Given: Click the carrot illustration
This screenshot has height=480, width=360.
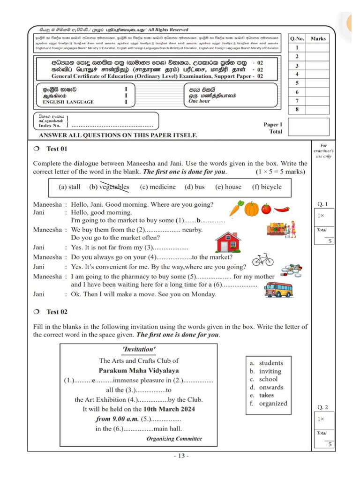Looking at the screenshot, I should (236, 209).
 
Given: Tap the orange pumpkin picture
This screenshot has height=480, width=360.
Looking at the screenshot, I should (251, 209).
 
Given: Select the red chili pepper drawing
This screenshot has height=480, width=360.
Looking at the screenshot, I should (281, 209).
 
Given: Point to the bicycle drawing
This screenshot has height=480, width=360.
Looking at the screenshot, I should (262, 259).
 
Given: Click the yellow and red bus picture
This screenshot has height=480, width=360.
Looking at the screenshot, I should (278, 289).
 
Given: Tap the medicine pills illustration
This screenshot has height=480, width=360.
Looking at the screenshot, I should (291, 270).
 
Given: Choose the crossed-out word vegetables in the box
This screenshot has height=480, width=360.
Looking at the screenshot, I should (109, 187).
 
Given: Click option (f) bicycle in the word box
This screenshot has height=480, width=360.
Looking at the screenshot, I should (267, 187).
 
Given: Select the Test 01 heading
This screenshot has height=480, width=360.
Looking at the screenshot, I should (57, 149).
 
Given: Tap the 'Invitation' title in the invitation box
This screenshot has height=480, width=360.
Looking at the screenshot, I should (138, 349).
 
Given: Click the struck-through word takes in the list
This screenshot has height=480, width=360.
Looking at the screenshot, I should (266, 395).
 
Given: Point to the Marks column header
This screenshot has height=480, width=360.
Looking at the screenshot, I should (318, 38).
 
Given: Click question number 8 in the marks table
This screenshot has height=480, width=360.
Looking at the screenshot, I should (297, 110).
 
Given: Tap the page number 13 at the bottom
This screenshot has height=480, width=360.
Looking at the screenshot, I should (180, 456).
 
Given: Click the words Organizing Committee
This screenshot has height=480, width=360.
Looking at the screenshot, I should (174, 439).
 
